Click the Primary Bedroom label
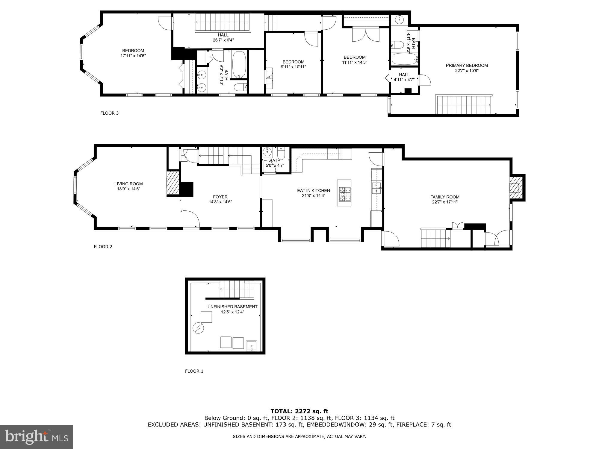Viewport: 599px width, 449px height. [467, 66]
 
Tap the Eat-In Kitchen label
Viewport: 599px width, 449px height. [313, 191]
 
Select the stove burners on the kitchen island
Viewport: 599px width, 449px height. [344, 194]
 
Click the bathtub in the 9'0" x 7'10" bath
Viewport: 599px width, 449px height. [239, 65]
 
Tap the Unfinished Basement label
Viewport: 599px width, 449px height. [232, 307]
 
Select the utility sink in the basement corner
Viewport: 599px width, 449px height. [252, 345]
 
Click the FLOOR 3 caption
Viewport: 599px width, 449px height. [109, 113]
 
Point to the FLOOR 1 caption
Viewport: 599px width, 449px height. [194, 371]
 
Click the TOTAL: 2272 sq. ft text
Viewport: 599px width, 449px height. [299, 411]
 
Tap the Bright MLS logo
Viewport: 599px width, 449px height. [37, 437]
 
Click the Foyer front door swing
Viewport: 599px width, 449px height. [191, 219]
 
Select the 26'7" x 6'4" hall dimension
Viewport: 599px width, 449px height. [223, 40]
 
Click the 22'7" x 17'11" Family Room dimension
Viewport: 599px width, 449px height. [445, 202]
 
